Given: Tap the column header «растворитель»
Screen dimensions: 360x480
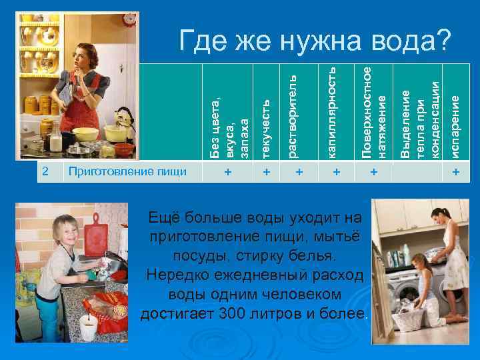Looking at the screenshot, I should tap(300, 117).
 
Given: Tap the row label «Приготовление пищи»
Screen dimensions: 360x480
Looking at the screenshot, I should tap(126, 172).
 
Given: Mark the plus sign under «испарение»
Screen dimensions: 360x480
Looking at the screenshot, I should tap(456, 173).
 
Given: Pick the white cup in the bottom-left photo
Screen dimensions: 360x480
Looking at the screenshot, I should tap(89, 327).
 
